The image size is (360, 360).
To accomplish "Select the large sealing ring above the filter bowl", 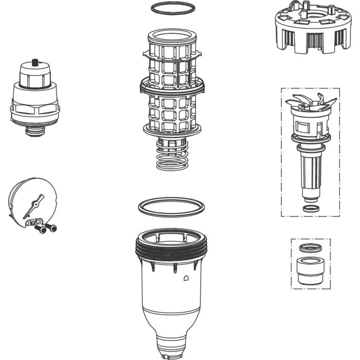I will coord(171,201).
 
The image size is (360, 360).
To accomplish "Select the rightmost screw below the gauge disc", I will coord(52,227).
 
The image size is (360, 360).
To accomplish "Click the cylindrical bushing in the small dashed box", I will coord(310,272).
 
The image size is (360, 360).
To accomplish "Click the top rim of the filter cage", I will coord(171,35).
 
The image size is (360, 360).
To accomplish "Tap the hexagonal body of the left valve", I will coord(35,109).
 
